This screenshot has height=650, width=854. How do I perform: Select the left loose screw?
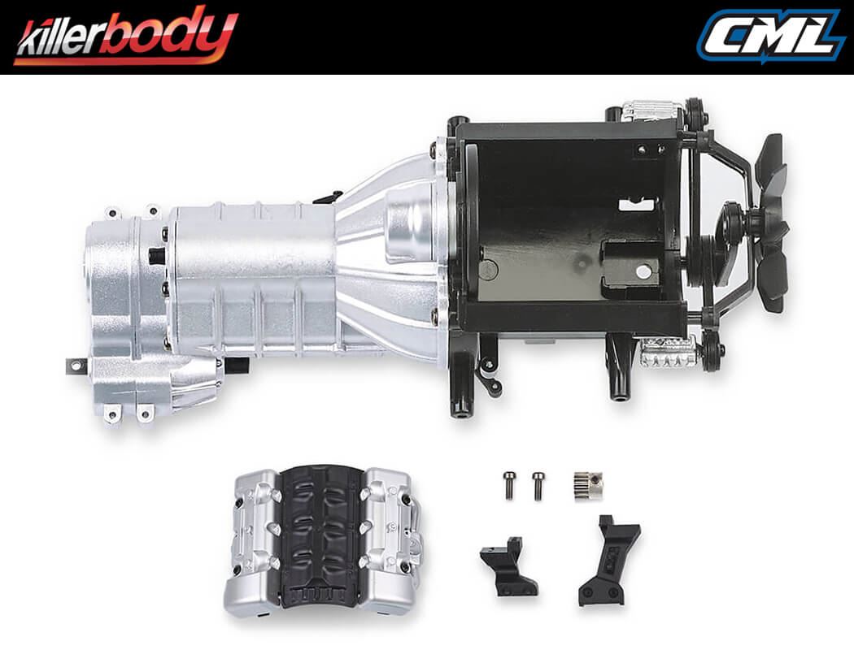click(x=509, y=485)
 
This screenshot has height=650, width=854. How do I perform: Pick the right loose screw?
click(x=537, y=485)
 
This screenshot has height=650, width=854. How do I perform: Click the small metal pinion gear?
click(x=587, y=485)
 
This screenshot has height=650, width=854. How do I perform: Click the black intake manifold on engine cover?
click(x=321, y=536)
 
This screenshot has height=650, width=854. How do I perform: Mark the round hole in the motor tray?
click(x=643, y=272)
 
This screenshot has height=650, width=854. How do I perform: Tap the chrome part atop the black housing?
click(x=651, y=110)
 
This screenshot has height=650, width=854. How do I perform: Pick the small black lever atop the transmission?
click(x=328, y=197)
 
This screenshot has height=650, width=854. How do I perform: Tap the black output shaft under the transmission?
click(x=236, y=365)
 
